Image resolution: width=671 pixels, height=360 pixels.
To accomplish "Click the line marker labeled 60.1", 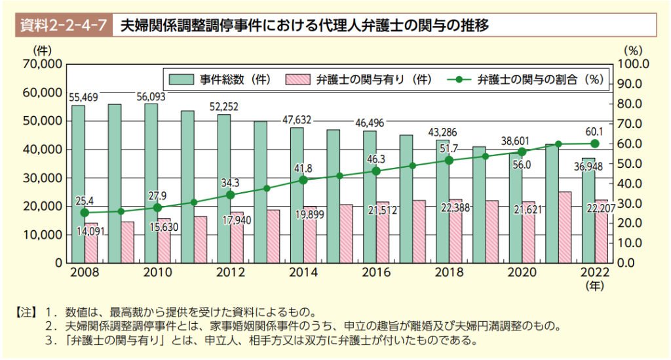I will pos(595,144).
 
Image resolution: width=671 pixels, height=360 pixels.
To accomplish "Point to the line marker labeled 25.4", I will pos(84,212).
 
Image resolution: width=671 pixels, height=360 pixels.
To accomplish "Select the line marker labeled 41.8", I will pos(303,180).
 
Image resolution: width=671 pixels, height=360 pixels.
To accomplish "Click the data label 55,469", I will pos(83,97).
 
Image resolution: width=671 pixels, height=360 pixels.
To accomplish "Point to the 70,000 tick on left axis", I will pos(42,64).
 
